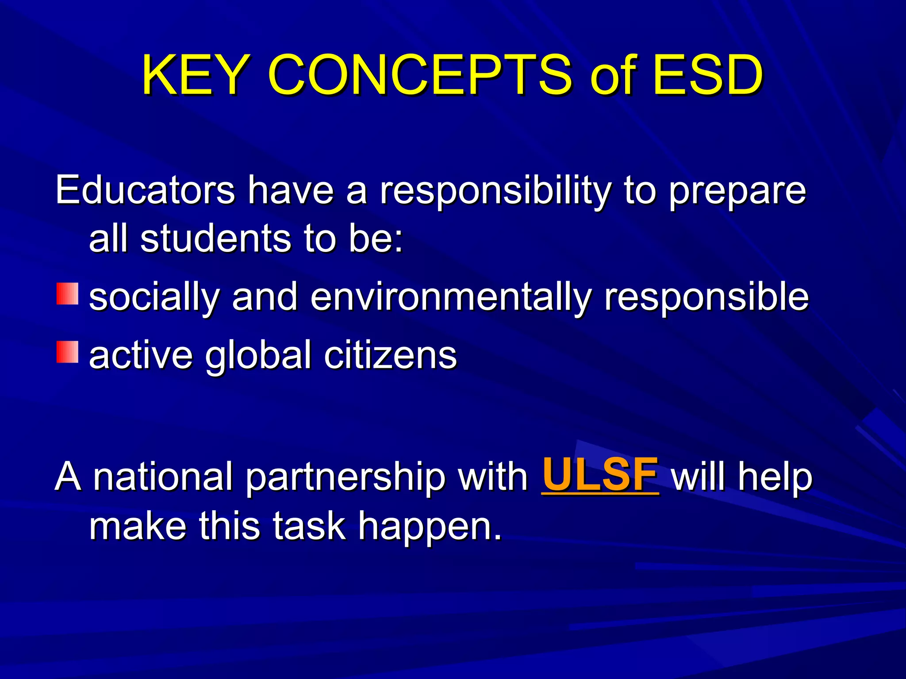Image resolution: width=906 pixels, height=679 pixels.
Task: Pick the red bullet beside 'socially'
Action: click(x=67, y=294)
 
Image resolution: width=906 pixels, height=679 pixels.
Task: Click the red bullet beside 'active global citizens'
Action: click(x=67, y=352)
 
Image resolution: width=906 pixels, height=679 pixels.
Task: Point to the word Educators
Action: click(x=145, y=190)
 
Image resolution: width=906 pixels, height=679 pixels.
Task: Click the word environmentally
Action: click(x=451, y=297)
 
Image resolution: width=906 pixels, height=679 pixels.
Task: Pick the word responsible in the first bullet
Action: click(x=706, y=297)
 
